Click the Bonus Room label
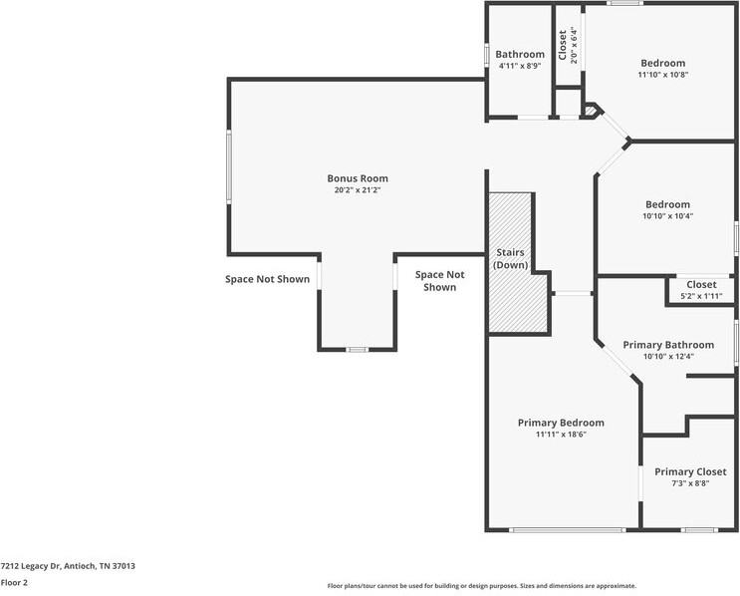click(x=358, y=178)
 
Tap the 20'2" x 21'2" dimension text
click(x=358, y=189)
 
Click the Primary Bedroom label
click(x=561, y=423)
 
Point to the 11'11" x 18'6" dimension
click(x=561, y=435)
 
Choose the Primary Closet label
click(x=690, y=471)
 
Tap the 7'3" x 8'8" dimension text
click(x=690, y=483)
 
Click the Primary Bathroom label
click(x=668, y=345)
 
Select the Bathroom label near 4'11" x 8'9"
click(x=520, y=54)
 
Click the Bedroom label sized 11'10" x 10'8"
click(x=662, y=63)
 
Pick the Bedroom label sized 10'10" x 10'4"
click(x=667, y=204)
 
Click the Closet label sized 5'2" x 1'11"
click(x=701, y=285)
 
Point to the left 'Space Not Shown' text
click(x=267, y=279)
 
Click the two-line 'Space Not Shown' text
click(x=439, y=280)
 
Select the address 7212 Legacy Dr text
click(x=68, y=566)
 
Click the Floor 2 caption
click(x=14, y=582)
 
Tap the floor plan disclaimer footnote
click(x=481, y=586)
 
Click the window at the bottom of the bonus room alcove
click(x=357, y=350)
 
